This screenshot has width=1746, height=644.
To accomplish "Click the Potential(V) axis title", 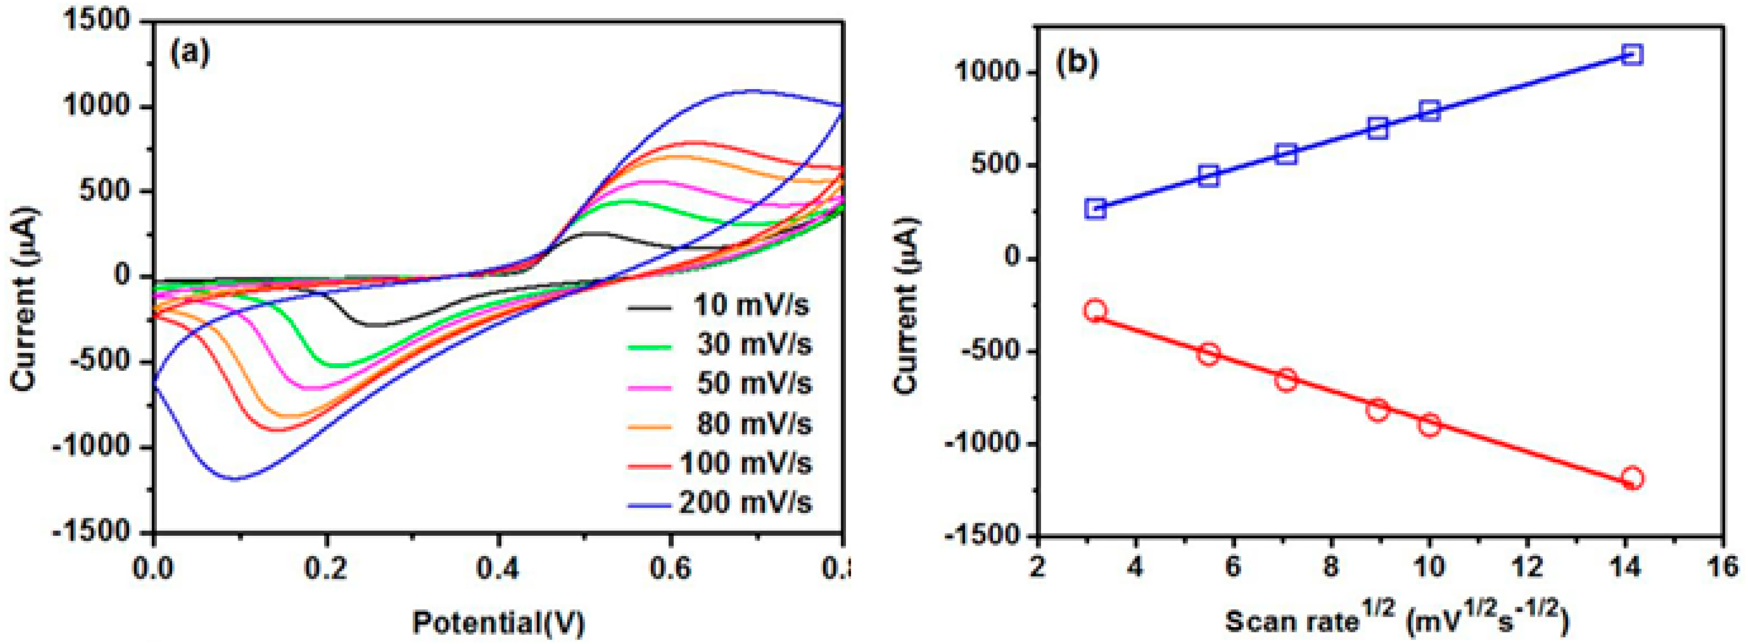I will click(x=498, y=622).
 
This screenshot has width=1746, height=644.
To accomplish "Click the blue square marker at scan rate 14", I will click(x=1632, y=54).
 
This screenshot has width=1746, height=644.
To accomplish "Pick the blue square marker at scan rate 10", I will click(x=1430, y=110).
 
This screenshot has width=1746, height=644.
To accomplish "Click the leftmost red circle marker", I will click(x=1095, y=311).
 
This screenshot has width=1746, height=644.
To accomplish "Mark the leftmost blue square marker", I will click(x=1095, y=208).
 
